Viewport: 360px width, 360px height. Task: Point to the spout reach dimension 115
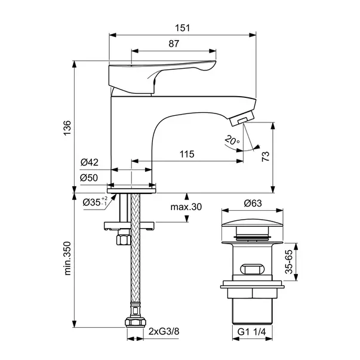[x=187, y=154]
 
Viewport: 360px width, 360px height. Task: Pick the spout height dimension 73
[x=266, y=157]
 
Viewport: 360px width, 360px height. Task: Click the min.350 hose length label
[x=67, y=257]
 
